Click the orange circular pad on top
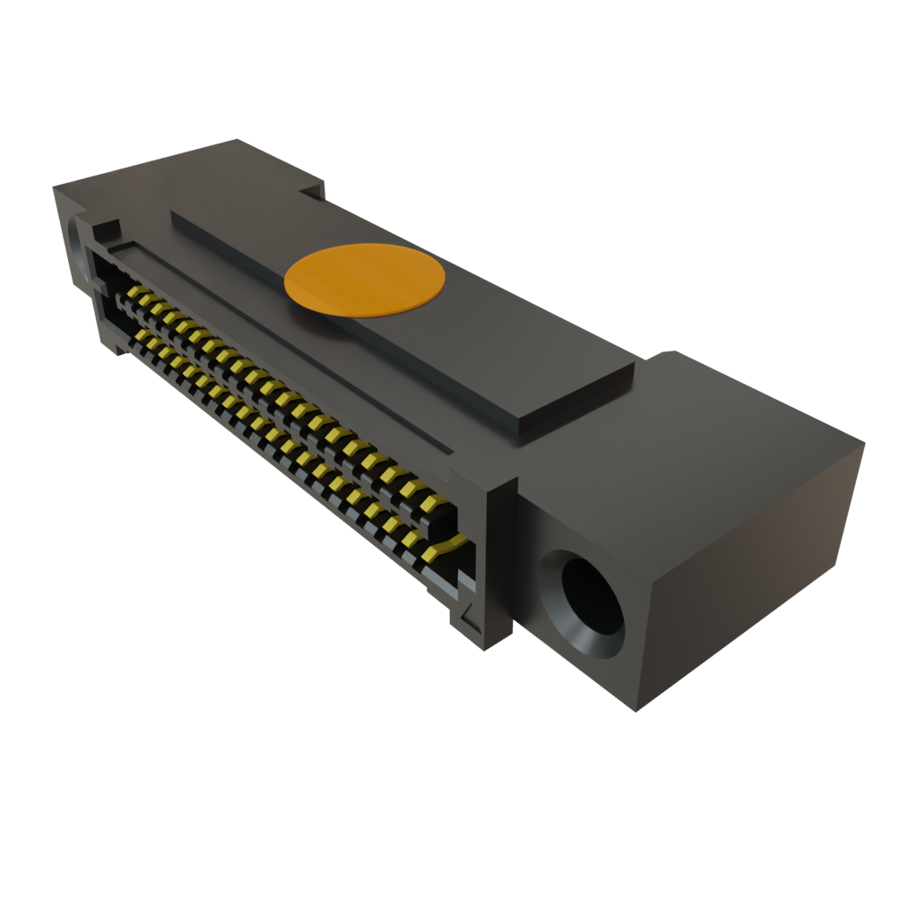[x=364, y=280]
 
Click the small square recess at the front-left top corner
[x=108, y=227]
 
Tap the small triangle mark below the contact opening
[x=465, y=618]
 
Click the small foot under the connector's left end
[x=117, y=345]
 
